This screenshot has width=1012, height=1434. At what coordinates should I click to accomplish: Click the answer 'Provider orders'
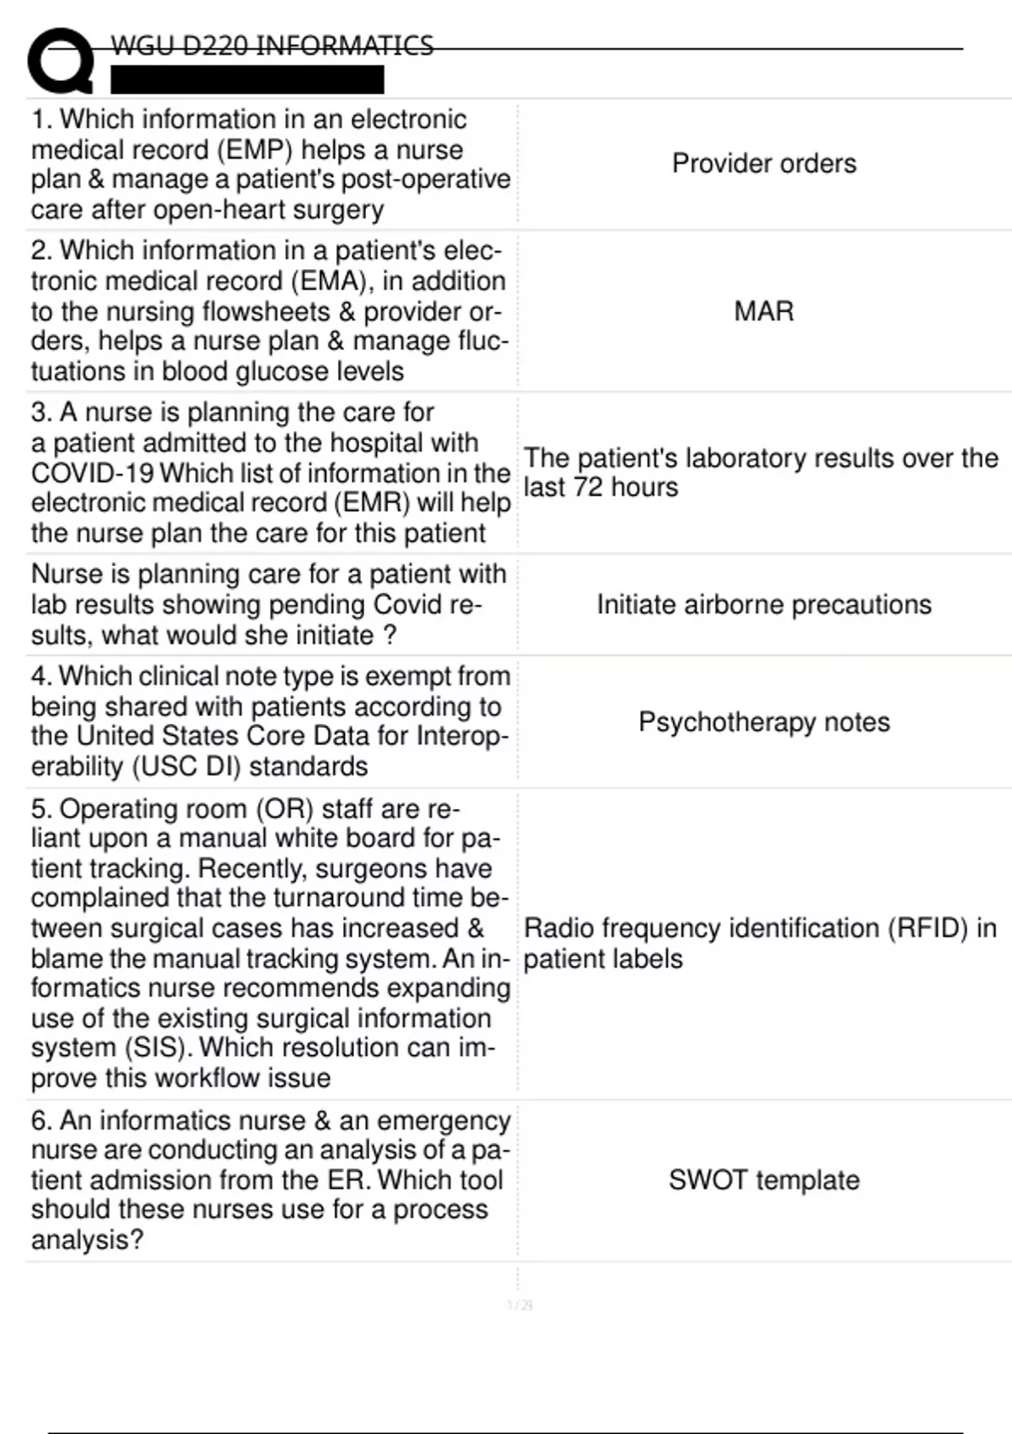tap(763, 163)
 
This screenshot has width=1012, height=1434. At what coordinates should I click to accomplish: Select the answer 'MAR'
tap(763, 310)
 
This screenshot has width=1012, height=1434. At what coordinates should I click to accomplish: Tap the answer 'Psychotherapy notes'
tap(763, 722)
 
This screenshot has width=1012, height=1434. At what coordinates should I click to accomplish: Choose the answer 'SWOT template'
tap(763, 1179)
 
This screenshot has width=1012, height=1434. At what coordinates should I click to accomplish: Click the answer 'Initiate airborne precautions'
tap(763, 605)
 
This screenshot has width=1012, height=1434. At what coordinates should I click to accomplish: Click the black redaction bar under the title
tap(247, 79)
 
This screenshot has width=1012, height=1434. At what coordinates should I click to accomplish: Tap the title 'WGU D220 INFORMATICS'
tap(272, 45)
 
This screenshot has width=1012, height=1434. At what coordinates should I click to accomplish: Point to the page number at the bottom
tap(519, 1305)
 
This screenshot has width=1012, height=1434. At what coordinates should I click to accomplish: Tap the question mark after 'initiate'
tap(390, 635)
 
